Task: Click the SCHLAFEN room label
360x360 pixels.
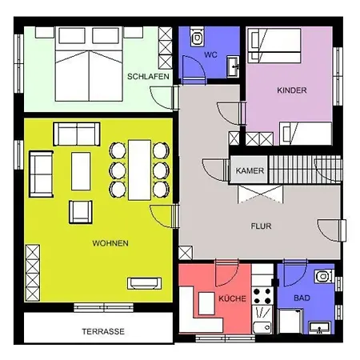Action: (146, 76)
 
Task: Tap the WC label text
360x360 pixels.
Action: (210, 55)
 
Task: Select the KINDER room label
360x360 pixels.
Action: (291, 90)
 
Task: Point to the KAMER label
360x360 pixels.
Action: (245, 170)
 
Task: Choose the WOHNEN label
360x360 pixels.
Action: (110, 242)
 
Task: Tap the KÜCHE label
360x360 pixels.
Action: (233, 298)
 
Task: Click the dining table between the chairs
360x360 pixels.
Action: (139, 169)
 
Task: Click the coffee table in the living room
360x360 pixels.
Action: (82, 170)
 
